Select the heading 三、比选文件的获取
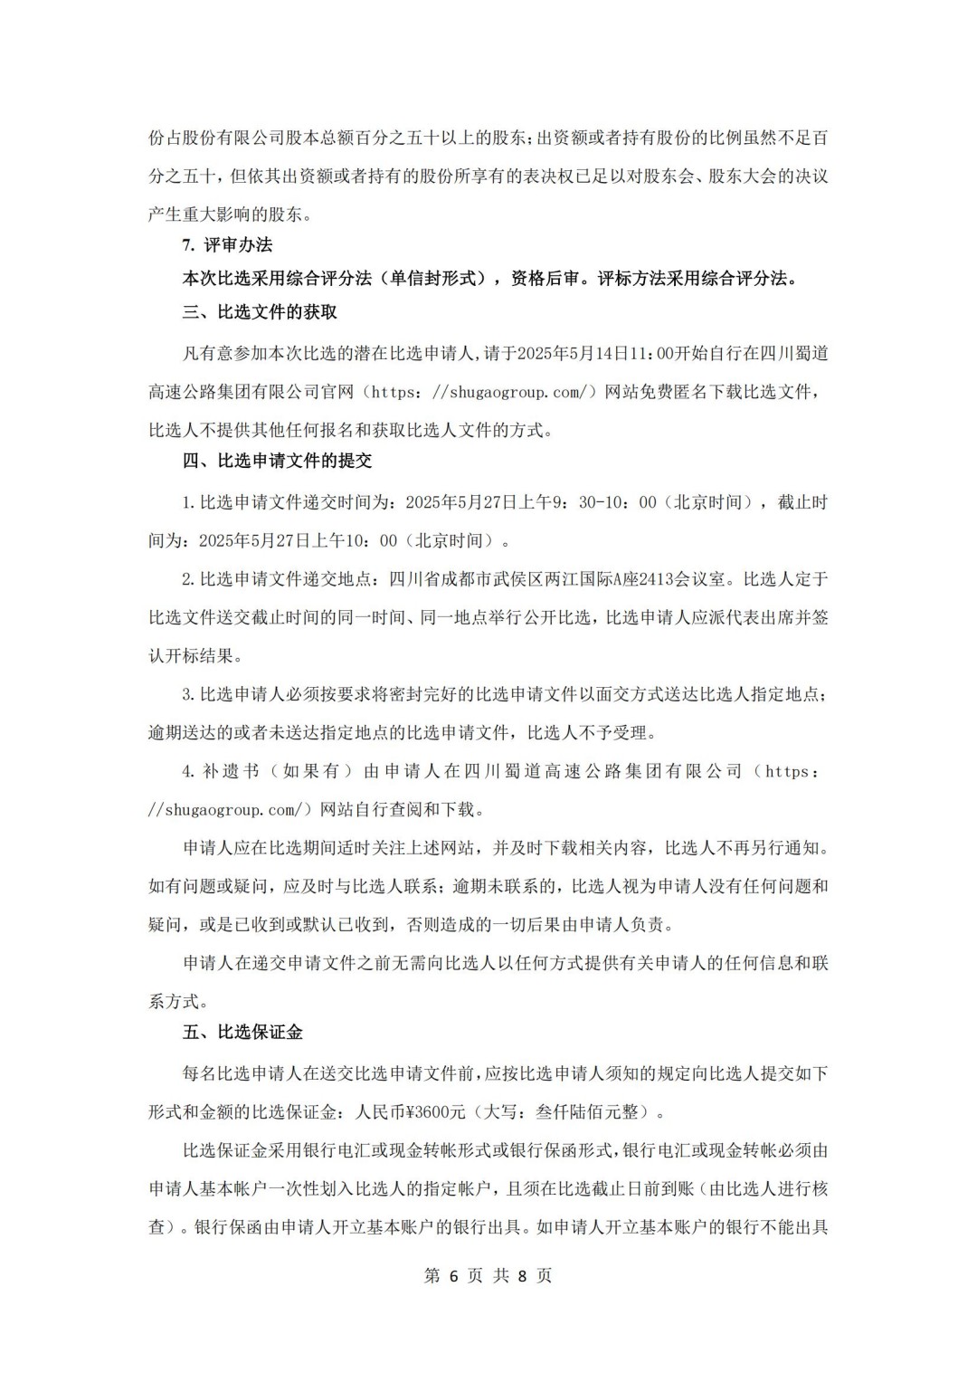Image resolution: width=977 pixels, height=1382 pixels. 260,312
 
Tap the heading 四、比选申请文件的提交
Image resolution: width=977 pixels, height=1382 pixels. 277,461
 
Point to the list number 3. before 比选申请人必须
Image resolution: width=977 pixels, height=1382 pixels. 188,694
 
